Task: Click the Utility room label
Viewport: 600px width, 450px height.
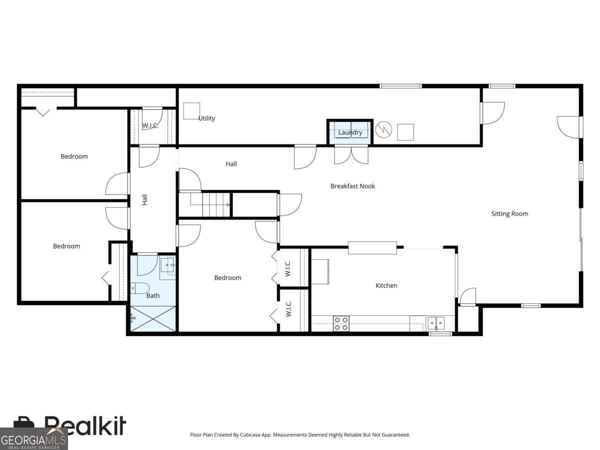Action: [206, 118]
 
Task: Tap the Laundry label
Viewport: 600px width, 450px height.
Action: [350, 132]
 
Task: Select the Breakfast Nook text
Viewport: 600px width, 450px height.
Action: [352, 186]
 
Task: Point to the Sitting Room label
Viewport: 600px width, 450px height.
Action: [509, 214]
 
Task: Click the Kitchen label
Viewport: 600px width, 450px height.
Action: [386, 285]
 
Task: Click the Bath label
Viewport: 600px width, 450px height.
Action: [153, 295]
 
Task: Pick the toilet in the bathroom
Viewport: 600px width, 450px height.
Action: [139, 288]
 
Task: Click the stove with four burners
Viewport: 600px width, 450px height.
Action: [341, 323]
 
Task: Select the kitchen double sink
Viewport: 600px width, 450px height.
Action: [435, 323]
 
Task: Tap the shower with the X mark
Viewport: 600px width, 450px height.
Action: [153, 318]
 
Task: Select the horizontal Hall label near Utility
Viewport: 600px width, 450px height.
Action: [231, 164]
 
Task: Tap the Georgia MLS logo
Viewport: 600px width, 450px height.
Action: [33, 439]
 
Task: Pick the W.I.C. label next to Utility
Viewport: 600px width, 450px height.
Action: [150, 125]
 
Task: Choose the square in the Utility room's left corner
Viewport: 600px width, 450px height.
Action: [191, 111]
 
